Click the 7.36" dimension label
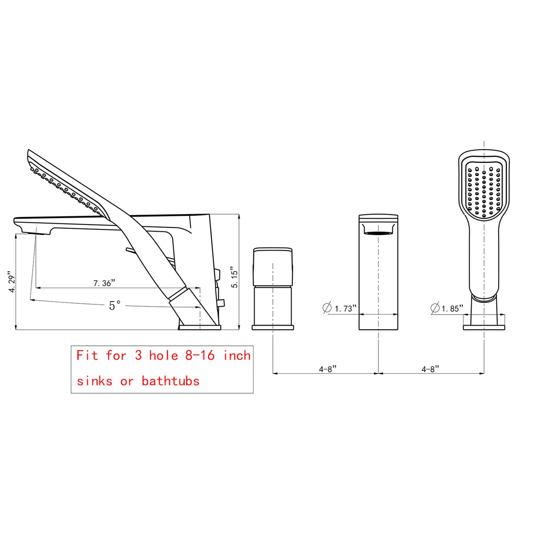[x=104, y=283]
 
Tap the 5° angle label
[x=115, y=305]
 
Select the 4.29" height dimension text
[x=12, y=284]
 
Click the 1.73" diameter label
[x=345, y=308]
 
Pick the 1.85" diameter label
[x=452, y=308]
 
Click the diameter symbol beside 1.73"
[x=327, y=308]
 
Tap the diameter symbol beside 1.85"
[x=435, y=308]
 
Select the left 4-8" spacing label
[x=327, y=369]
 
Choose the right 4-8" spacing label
[x=430, y=369]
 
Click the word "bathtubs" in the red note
[x=171, y=381]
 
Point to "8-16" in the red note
[x=200, y=355]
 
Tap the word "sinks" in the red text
[x=95, y=381]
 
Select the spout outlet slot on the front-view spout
[x=378, y=233]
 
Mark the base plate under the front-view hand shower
[x=484, y=327]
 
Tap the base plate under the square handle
[x=273, y=327]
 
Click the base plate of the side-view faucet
[x=199, y=327]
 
